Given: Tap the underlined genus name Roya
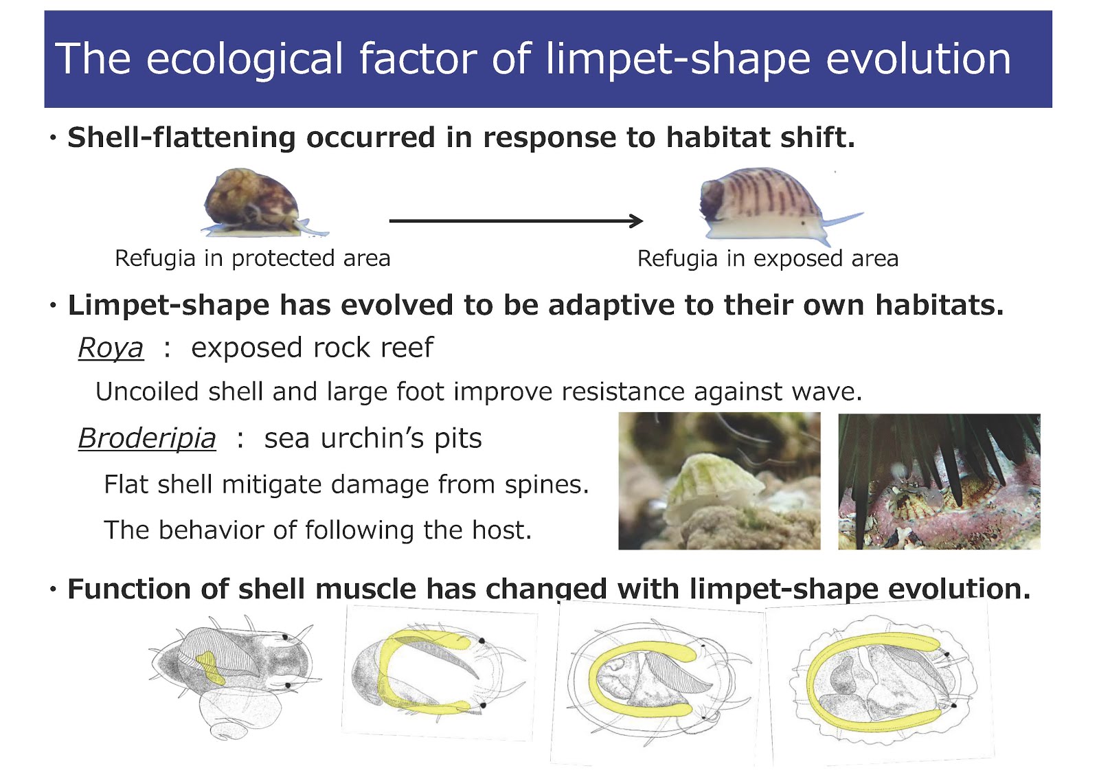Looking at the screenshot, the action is tap(111, 348).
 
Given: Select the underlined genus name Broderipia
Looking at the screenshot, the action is tap(147, 438).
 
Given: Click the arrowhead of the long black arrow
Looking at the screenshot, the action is tap(637, 221).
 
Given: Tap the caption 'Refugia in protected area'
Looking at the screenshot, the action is tap(252, 258).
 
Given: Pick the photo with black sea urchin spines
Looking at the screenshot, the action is tap(939, 481).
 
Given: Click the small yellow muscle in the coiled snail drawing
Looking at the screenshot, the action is tap(211, 668).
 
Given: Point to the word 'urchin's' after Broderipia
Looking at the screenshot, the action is tap(372, 438).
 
